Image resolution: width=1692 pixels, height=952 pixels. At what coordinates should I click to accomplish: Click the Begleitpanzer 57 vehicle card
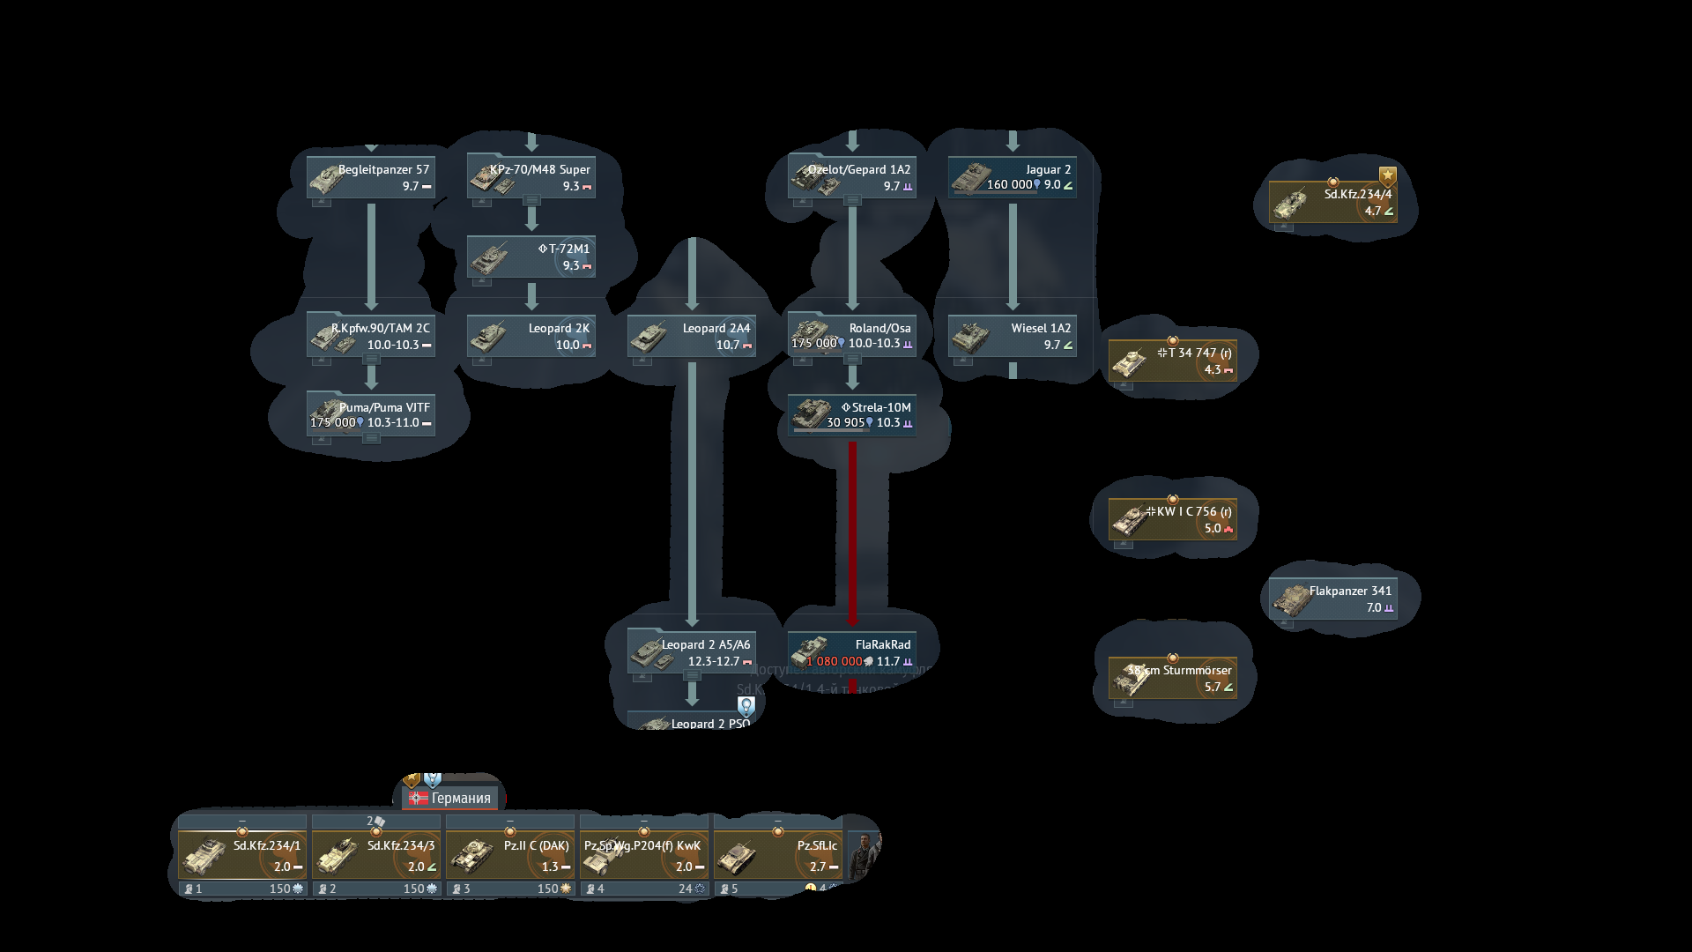click(x=371, y=177)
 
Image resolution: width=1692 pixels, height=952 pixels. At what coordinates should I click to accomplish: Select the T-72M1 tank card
click(x=531, y=257)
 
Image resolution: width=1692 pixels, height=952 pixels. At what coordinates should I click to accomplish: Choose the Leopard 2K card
click(x=531, y=336)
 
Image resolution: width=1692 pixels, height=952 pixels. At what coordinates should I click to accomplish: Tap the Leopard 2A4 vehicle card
click(x=692, y=336)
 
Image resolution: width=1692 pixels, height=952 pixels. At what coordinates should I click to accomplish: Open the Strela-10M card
click(x=852, y=415)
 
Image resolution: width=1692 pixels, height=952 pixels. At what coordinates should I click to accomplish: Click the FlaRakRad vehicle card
click(x=852, y=652)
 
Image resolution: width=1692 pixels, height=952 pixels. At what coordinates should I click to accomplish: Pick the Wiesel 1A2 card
click(x=1013, y=336)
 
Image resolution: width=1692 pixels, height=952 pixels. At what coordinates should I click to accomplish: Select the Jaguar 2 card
click(x=1013, y=177)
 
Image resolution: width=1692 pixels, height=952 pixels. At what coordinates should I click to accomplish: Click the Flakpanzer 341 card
click(x=1333, y=599)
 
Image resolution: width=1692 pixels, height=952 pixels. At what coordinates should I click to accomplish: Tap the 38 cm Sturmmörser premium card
click(x=1173, y=678)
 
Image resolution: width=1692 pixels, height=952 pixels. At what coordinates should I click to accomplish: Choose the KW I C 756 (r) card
click(x=1173, y=519)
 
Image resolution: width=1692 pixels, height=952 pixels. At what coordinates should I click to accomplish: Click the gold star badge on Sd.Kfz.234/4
click(x=1388, y=175)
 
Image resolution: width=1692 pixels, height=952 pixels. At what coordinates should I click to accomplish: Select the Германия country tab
click(x=450, y=798)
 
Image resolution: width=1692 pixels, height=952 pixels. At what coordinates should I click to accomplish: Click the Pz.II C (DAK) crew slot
click(x=510, y=855)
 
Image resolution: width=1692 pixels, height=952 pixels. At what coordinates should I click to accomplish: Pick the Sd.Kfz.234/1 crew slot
click(x=242, y=855)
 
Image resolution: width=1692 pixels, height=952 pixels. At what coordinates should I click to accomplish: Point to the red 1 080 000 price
click(x=834, y=661)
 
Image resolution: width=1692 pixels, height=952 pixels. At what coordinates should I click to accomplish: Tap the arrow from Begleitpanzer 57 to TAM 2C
click(x=371, y=256)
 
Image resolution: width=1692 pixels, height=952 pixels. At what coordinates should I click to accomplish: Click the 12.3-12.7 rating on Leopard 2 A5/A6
click(x=714, y=661)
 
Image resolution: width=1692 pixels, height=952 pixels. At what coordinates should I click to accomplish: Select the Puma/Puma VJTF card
click(x=371, y=415)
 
